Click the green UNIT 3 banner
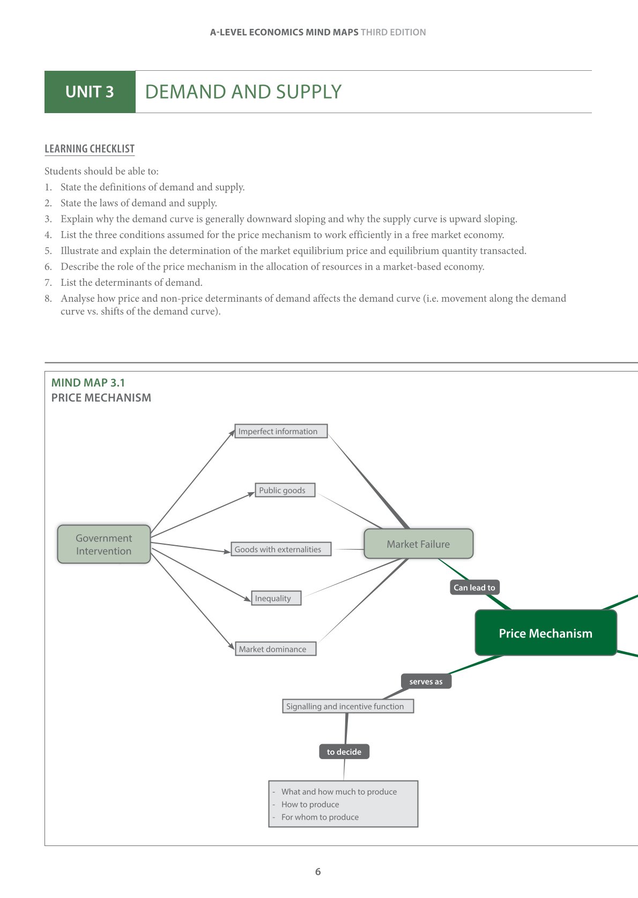point(90,92)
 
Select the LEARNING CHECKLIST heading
point(90,149)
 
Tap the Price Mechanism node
point(545,633)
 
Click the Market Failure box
point(418,544)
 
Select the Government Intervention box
point(103,544)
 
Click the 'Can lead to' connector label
point(474,588)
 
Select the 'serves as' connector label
point(426,681)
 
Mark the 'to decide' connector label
point(344,752)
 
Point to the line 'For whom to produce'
point(320,817)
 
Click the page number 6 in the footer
point(318,872)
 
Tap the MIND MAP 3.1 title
point(88,383)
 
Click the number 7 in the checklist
point(48,283)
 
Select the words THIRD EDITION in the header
point(393,32)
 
